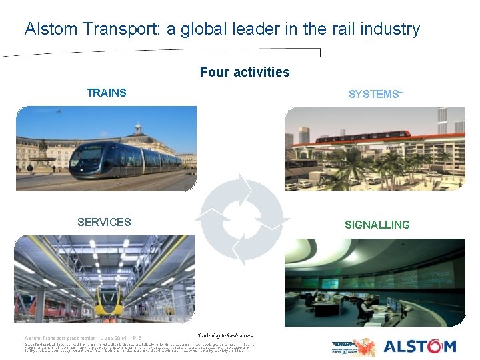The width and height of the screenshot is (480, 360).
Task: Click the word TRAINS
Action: pos(107,93)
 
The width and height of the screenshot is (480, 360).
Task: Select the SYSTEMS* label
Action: pos(375,95)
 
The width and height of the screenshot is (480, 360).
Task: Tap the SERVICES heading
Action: pos(104,222)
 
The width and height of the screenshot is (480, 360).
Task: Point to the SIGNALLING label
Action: pos(377,225)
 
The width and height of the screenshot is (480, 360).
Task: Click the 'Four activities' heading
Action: pos(245,72)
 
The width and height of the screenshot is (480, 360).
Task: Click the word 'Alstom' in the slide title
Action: pos(46,29)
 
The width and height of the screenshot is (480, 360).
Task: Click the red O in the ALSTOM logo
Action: pos(429,346)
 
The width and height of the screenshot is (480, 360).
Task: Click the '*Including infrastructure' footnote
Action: pos(226,335)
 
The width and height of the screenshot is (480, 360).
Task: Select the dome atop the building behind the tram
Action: pos(138,129)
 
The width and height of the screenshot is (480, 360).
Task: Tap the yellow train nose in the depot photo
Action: pos(113,308)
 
